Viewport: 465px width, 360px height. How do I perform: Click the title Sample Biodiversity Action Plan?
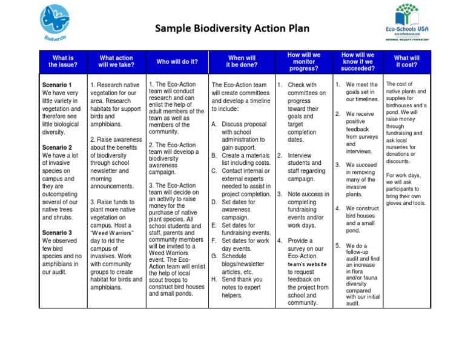(x=232, y=28)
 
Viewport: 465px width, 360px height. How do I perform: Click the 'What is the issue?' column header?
(x=63, y=61)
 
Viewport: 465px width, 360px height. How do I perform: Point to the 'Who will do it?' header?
(x=176, y=62)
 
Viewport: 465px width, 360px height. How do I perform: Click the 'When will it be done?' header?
(x=242, y=61)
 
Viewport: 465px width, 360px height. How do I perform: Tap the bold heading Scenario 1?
(x=58, y=85)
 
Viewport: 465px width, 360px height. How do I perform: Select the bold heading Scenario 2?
(x=58, y=148)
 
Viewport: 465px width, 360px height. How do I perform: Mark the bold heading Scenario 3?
(x=58, y=233)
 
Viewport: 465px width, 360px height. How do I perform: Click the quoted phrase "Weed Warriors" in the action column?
(x=111, y=233)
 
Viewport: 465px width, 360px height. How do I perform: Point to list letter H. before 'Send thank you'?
(x=214, y=279)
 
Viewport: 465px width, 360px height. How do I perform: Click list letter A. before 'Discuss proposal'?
(x=214, y=124)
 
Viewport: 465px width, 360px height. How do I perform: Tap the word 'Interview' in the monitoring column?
(x=300, y=156)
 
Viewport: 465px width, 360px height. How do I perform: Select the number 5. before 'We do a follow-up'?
(x=338, y=245)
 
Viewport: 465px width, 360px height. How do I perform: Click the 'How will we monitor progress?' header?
(x=304, y=61)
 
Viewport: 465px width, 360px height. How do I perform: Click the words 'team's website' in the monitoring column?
(x=307, y=264)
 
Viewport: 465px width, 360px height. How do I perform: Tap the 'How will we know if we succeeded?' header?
(x=358, y=61)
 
